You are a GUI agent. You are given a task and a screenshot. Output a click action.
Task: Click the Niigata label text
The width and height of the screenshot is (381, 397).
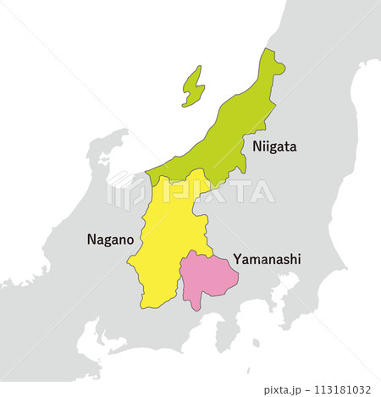coord(273,146)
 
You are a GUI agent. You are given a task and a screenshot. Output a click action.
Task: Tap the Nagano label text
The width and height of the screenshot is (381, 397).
coord(108,240)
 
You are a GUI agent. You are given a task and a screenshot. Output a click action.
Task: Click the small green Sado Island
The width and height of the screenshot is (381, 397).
coord(194,86)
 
